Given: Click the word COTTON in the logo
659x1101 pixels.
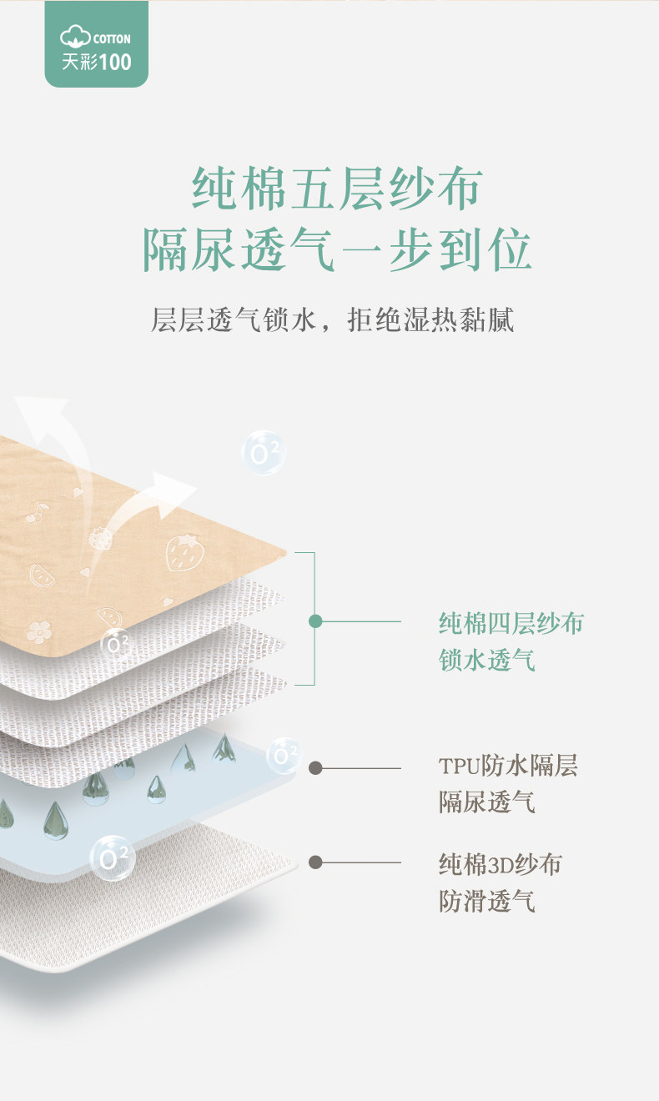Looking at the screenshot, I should (113, 38).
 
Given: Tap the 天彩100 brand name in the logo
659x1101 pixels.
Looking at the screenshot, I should (96, 61).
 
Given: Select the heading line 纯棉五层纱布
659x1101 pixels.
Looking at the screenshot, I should (337, 189).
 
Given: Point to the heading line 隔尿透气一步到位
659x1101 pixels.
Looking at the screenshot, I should (337, 248).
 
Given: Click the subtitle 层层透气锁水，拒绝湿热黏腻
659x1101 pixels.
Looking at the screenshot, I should (332, 319).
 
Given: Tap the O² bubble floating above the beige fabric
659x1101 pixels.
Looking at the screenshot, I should (264, 453).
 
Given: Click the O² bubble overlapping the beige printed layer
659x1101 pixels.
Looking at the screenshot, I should (116, 643).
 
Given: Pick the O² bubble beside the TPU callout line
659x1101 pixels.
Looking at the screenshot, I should (284, 756).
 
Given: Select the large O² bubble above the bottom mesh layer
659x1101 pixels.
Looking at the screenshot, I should (112, 857).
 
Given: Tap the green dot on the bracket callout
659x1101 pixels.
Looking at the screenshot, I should (315, 621).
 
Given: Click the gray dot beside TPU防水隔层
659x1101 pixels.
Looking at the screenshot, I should (315, 768).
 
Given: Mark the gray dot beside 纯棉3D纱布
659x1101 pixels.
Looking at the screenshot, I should (315, 862).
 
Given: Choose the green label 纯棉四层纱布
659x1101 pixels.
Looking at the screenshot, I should (511, 623).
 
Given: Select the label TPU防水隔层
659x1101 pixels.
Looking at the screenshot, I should (508, 766).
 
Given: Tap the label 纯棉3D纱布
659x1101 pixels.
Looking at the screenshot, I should (500, 864).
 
